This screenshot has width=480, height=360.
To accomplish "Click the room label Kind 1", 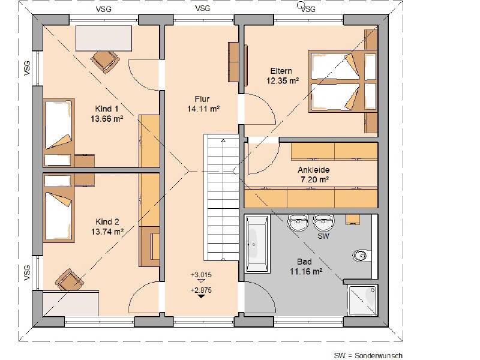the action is click(107, 109).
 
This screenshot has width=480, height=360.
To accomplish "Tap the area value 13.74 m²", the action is click(107, 232).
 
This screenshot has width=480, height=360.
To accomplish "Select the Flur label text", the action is click(202, 99).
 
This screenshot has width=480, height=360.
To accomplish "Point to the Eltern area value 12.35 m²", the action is click(283, 81).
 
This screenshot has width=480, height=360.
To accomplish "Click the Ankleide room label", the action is click(313, 170).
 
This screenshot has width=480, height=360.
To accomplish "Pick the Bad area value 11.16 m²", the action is click(306, 272).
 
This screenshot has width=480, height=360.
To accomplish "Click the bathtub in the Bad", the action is click(257, 244).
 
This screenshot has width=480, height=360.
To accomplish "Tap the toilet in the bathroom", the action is click(362, 256).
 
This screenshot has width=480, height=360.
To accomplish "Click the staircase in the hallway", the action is click(221, 197).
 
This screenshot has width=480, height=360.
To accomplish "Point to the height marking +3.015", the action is click(201, 275).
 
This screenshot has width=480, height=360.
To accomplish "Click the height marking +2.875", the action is click(201, 290).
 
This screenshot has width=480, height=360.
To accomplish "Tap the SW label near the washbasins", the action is click(323, 236).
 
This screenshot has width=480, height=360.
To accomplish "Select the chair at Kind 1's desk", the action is click(104, 61).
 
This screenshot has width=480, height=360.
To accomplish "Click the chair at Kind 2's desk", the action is click(70, 280).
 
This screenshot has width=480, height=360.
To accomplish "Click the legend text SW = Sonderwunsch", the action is click(368, 356).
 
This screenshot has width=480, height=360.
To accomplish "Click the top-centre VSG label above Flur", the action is click(203, 8).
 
